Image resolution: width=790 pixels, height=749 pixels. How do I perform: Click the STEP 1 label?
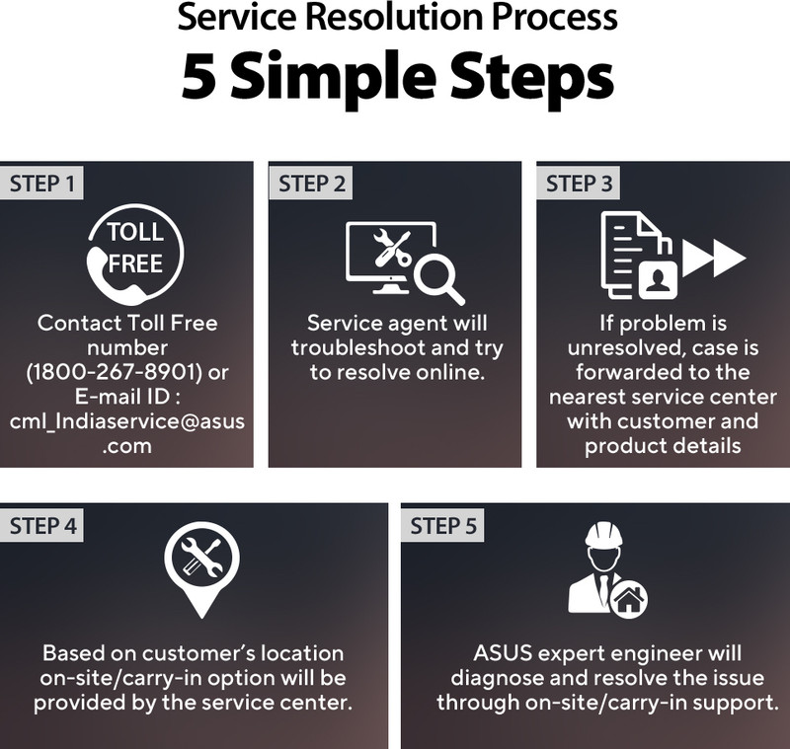[x=41, y=184]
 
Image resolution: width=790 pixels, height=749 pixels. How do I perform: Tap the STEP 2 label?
[x=312, y=184]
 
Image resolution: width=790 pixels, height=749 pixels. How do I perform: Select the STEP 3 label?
[x=580, y=184]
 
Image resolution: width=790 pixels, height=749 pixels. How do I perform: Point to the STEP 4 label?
[x=42, y=526]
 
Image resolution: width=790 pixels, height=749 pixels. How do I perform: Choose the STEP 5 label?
[x=442, y=526]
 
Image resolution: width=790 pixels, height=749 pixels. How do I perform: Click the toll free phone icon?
[x=135, y=255]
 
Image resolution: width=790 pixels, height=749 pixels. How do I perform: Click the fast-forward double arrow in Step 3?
[x=713, y=258]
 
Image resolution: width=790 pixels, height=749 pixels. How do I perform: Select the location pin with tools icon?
[x=201, y=569]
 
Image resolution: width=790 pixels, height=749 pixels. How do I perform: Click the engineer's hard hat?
[x=603, y=535]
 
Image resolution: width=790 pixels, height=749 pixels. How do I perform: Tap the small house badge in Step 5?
[x=628, y=599]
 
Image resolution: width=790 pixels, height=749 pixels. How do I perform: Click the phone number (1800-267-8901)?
[x=114, y=372]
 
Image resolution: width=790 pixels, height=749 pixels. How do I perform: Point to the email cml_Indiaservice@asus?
[x=127, y=421]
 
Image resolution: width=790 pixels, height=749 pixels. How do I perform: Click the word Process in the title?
[x=554, y=18]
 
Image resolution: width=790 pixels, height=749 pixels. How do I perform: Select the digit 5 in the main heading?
[x=198, y=75]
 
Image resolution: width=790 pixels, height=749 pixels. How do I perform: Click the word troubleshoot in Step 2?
[x=352, y=347]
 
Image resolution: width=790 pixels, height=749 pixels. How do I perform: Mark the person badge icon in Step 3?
[x=658, y=280]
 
